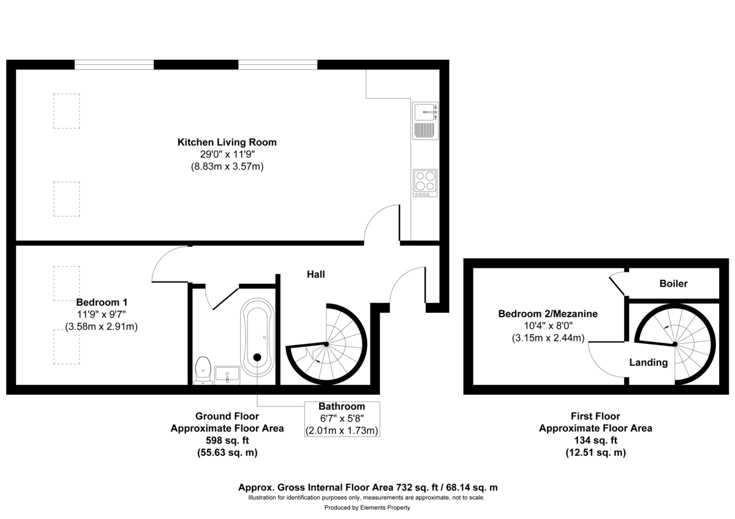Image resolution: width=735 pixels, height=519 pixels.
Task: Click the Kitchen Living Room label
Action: (x=227, y=142)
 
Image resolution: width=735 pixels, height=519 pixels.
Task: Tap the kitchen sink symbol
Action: (x=426, y=113)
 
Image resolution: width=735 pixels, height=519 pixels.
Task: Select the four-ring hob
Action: (x=426, y=181)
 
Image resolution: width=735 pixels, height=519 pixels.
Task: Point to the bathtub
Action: (x=257, y=337)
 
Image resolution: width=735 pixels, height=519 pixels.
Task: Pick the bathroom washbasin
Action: (x=227, y=374)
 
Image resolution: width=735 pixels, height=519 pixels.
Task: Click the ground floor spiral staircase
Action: (x=326, y=345)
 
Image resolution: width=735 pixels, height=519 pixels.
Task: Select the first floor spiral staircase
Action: (x=675, y=344)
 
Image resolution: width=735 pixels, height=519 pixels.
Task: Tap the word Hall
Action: (x=316, y=275)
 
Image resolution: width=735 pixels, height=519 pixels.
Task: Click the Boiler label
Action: (x=673, y=284)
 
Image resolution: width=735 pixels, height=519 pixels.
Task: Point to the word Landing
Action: (x=649, y=362)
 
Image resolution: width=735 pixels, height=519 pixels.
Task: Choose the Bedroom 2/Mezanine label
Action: (x=548, y=314)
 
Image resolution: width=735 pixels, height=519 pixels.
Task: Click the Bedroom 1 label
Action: (x=102, y=302)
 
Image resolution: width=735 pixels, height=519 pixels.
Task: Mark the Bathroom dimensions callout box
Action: (x=342, y=419)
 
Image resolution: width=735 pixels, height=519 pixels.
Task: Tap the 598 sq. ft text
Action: (x=227, y=441)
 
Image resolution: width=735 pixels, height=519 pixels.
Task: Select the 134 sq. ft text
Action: (x=595, y=441)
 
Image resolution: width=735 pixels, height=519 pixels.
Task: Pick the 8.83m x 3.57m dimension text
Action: (x=227, y=166)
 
